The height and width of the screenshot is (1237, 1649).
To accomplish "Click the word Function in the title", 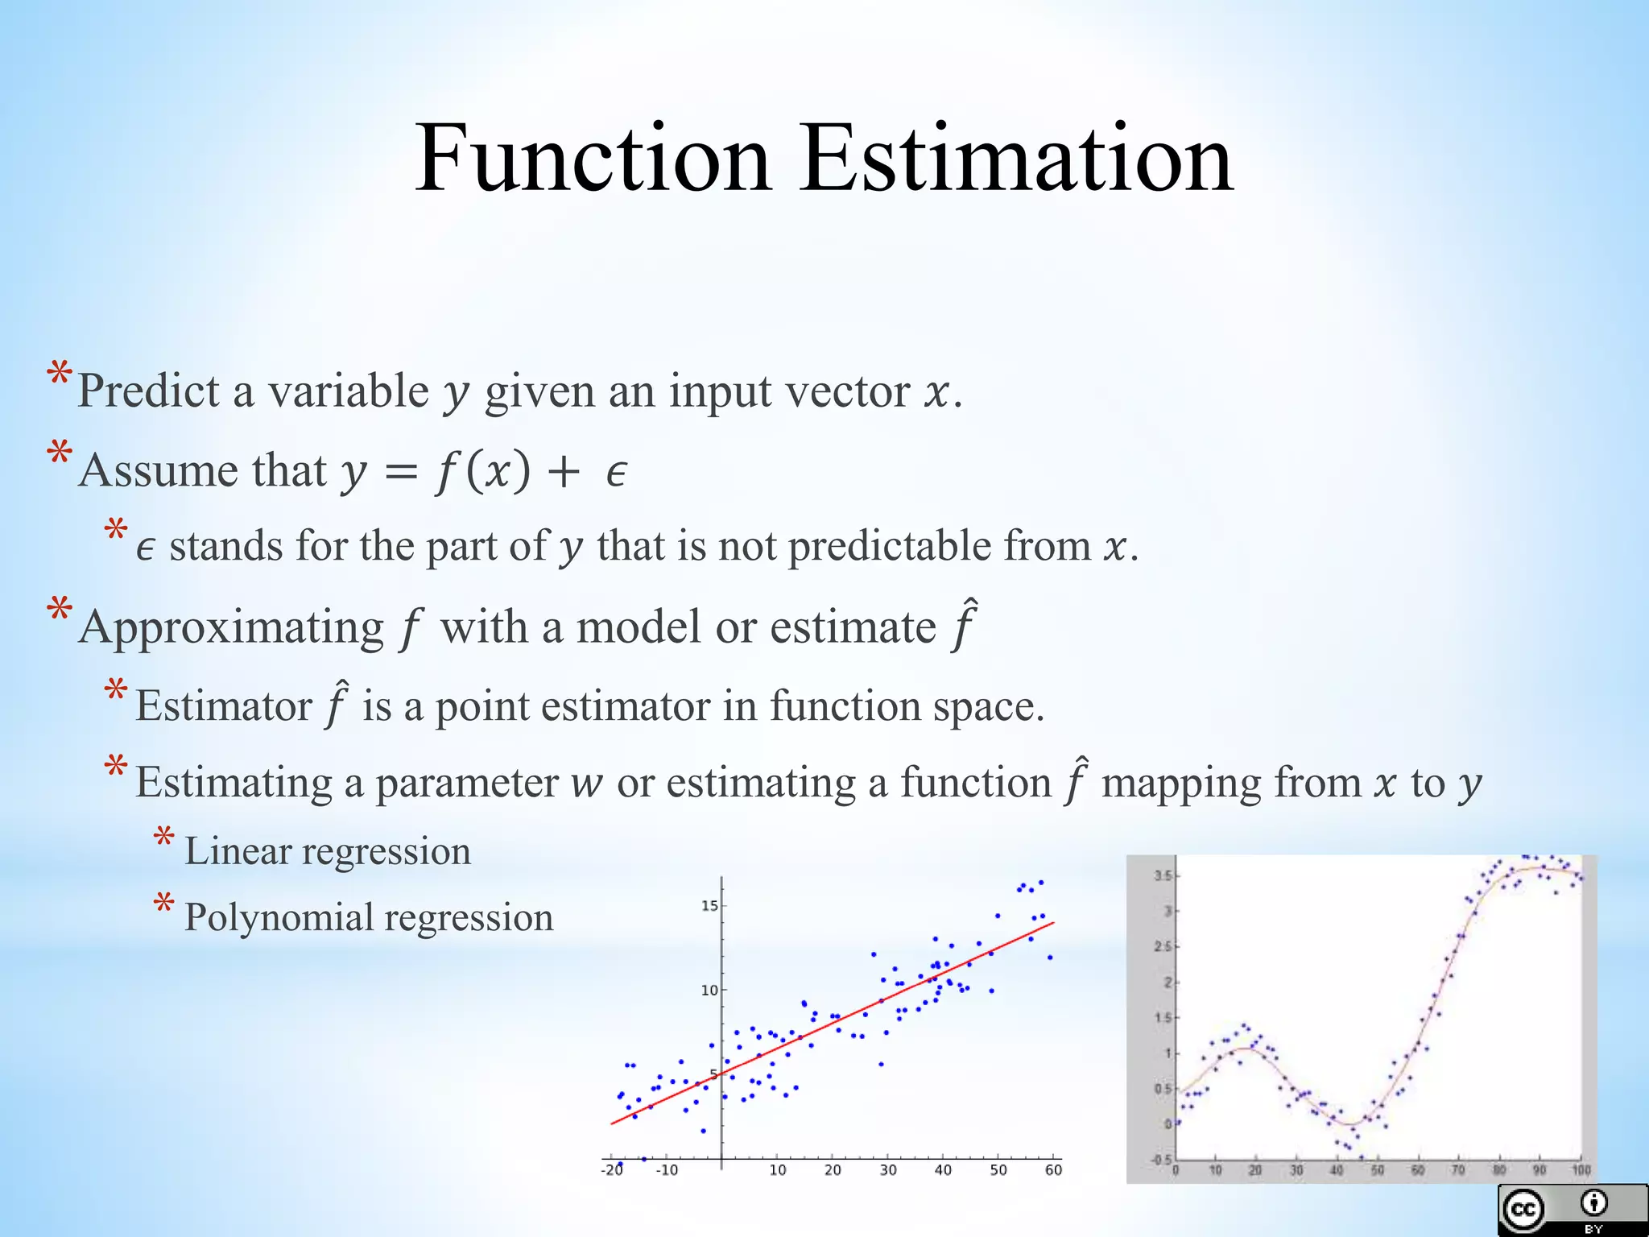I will [593, 159].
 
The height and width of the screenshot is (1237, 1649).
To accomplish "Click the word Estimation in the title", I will [1015, 159].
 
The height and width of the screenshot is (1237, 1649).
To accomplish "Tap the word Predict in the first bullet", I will [148, 392].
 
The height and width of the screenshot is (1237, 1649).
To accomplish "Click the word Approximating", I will [232, 628].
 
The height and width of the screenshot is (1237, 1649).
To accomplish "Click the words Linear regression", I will [328, 851].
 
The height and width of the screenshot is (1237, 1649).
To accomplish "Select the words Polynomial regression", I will [369, 918].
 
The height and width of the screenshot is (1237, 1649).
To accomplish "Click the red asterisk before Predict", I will [59, 375].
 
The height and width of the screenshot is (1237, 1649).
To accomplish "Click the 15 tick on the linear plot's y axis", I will [709, 906].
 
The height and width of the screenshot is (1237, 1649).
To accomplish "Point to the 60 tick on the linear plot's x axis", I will [1053, 1170].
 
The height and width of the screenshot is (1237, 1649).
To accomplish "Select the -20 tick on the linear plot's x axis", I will [612, 1170].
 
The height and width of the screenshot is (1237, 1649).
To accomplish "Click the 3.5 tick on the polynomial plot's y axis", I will [1162, 875].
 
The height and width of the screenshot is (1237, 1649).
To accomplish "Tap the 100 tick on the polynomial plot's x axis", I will [1581, 1170].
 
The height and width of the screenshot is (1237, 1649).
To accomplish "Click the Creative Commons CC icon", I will [1523, 1210].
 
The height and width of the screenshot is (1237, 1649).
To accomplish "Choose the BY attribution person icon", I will [1593, 1204].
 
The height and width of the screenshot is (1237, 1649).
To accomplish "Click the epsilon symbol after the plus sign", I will [616, 474].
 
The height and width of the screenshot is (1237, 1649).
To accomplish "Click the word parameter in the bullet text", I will [467, 784].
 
